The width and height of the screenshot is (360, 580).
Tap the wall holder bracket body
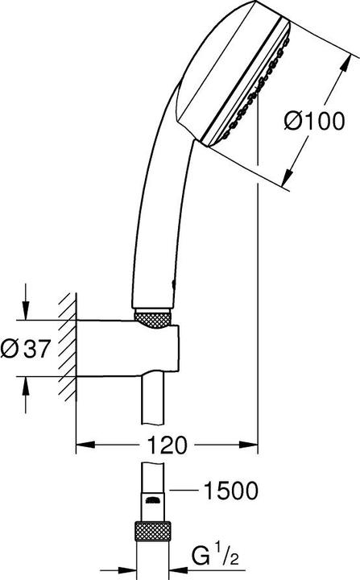129,348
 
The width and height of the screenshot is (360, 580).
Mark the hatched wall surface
67,348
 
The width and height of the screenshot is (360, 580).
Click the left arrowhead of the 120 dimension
83,445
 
